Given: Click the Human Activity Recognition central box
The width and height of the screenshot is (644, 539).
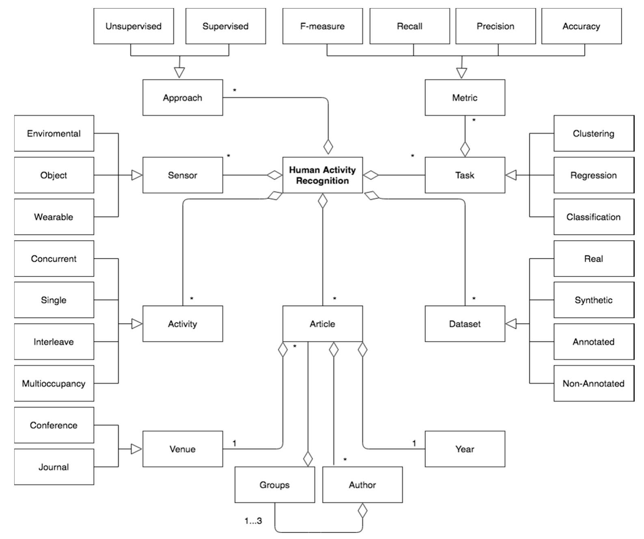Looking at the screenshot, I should click(322, 175).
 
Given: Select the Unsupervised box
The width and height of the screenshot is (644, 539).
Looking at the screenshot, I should click(134, 26).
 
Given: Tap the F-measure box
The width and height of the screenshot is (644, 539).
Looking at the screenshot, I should click(322, 26).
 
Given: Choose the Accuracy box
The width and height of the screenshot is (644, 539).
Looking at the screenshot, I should click(581, 26).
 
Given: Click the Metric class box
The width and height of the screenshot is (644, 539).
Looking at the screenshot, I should click(465, 98).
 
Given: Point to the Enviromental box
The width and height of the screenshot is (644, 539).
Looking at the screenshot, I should click(54, 133).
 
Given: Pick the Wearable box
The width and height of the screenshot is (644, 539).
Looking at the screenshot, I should click(54, 217).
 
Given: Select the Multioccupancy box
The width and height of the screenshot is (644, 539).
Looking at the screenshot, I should click(54, 383).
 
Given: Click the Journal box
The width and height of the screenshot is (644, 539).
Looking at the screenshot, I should click(54, 467).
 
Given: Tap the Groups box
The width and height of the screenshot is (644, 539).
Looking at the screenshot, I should click(274, 485).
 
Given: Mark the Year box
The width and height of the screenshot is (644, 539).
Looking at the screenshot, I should click(465, 449).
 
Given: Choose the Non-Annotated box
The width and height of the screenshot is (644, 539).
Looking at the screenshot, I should click(593, 383).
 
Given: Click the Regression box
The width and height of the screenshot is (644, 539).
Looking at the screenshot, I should click(593, 175).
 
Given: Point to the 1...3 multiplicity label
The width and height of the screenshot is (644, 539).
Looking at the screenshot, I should click(253, 521).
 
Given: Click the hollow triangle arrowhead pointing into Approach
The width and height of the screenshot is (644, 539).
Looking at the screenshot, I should click(179, 72).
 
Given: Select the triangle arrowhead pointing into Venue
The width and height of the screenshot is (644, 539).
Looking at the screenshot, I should click(136, 449).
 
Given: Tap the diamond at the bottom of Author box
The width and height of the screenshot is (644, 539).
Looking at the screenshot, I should click(362, 511).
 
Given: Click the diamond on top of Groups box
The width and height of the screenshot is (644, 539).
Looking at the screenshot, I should click(308, 459).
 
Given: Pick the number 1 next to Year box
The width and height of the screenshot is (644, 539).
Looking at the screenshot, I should click(414, 443).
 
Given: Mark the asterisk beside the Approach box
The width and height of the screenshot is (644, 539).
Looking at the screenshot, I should click(235, 91).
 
